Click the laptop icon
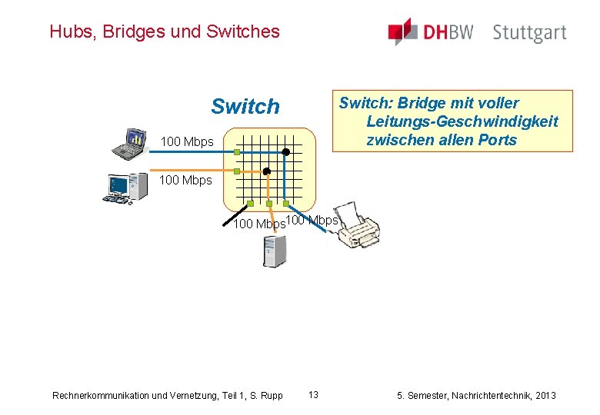pyautogui.click(x=130, y=141)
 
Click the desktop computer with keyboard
pyautogui.click(x=125, y=187)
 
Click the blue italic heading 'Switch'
pyautogui.click(x=245, y=107)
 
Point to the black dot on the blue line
pyautogui.click(x=285, y=152)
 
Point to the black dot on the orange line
pyautogui.click(x=267, y=171)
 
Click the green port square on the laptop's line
pyautogui.click(x=237, y=153)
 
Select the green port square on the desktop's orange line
pyautogui.click(x=237, y=171)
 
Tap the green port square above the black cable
pyautogui.click(x=251, y=204)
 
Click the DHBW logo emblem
pyautogui.click(x=402, y=32)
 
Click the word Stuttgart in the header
pyautogui.click(x=529, y=33)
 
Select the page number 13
pyautogui.click(x=313, y=395)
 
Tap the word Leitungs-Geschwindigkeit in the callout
pyautogui.click(x=462, y=121)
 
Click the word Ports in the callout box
pyautogui.click(x=498, y=140)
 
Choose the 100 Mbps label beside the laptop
pyautogui.click(x=186, y=142)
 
